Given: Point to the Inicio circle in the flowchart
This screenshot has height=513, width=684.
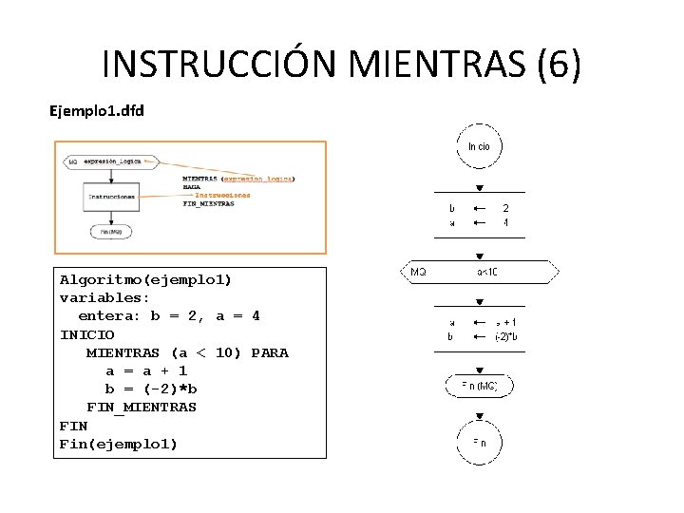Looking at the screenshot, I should [x=479, y=146].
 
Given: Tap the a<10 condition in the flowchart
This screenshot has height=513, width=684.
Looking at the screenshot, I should [x=487, y=272].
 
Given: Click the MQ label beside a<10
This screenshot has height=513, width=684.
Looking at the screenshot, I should [x=418, y=272].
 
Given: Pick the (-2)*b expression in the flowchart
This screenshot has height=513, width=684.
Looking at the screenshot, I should [x=505, y=336].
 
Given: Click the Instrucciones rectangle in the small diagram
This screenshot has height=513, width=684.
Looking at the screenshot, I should [x=112, y=197].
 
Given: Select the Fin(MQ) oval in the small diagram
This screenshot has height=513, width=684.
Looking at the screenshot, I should [x=111, y=231].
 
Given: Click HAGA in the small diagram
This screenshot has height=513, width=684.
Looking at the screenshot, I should [x=192, y=187].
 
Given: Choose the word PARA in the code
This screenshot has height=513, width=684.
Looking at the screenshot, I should [x=270, y=352].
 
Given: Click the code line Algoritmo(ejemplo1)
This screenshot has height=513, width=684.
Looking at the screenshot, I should [x=145, y=280].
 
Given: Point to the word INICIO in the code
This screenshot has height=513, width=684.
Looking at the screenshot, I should [x=86, y=334].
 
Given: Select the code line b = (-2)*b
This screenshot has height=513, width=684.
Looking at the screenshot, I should [x=151, y=389].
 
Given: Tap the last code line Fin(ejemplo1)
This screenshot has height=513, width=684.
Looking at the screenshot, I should [x=118, y=444].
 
